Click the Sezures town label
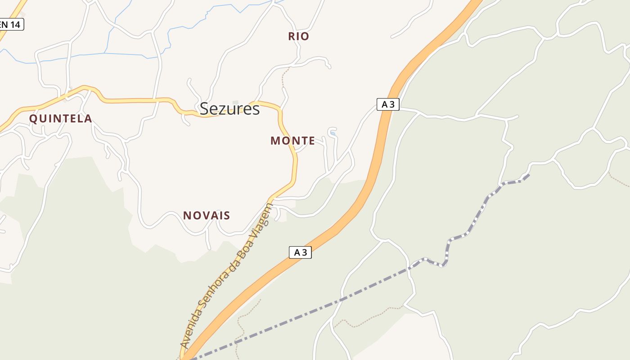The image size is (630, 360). pos(229,109)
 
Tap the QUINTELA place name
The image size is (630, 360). pos(61,119)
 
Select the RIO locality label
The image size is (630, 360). pos(299,36)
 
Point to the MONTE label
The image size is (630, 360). pos(292,141)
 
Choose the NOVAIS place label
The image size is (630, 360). pos(207,216)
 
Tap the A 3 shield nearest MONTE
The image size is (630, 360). pos(388,104)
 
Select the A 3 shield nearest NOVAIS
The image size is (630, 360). pos(300,252)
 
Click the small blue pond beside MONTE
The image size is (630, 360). pos(333,133)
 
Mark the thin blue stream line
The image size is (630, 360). pos(90,54)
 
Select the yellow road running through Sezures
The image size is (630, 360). pos(135,100)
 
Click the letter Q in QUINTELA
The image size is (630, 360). pos(33,119)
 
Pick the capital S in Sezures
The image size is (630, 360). pos(205,109)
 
